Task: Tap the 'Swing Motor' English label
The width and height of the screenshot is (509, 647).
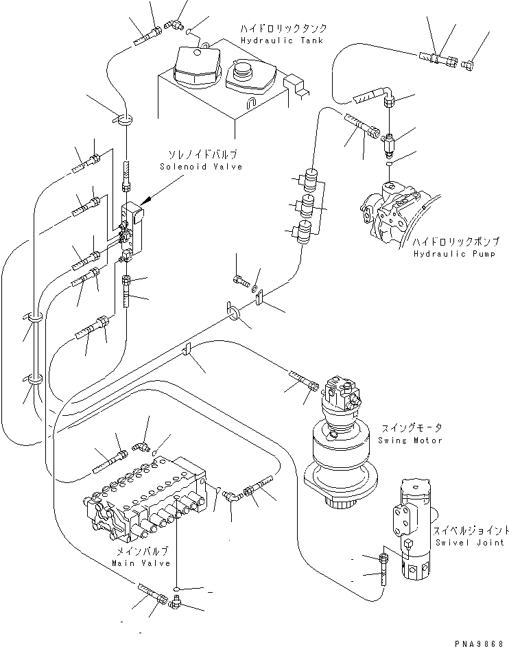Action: pos(409,440)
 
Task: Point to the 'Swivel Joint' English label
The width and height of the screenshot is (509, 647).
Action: pos(460,542)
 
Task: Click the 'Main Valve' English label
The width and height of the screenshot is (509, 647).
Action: pos(134,563)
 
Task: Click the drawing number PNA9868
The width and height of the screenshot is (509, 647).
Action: pos(478,639)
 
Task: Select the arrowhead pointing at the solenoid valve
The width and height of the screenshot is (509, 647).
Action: pos(146,202)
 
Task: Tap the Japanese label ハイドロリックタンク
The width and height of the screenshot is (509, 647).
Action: pos(282,30)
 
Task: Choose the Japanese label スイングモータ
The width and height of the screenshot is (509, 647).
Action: pos(409,427)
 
